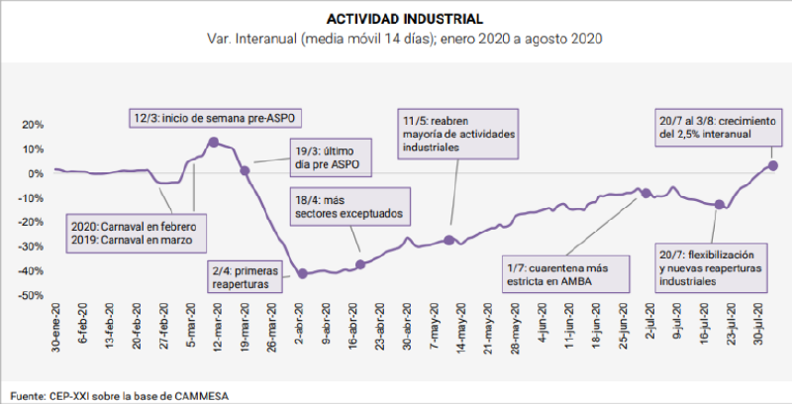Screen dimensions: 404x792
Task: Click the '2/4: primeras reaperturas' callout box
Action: [244, 274]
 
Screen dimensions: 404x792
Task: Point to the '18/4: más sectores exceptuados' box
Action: [348, 205]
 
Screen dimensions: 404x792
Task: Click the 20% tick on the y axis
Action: [33, 125]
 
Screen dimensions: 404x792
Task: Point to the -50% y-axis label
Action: [31, 295]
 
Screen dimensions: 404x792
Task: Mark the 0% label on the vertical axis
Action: [37, 173]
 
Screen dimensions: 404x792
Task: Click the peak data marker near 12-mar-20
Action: [213, 143]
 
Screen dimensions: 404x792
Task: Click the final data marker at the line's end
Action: [773, 165]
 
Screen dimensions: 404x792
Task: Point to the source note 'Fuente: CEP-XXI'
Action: [118, 394]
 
